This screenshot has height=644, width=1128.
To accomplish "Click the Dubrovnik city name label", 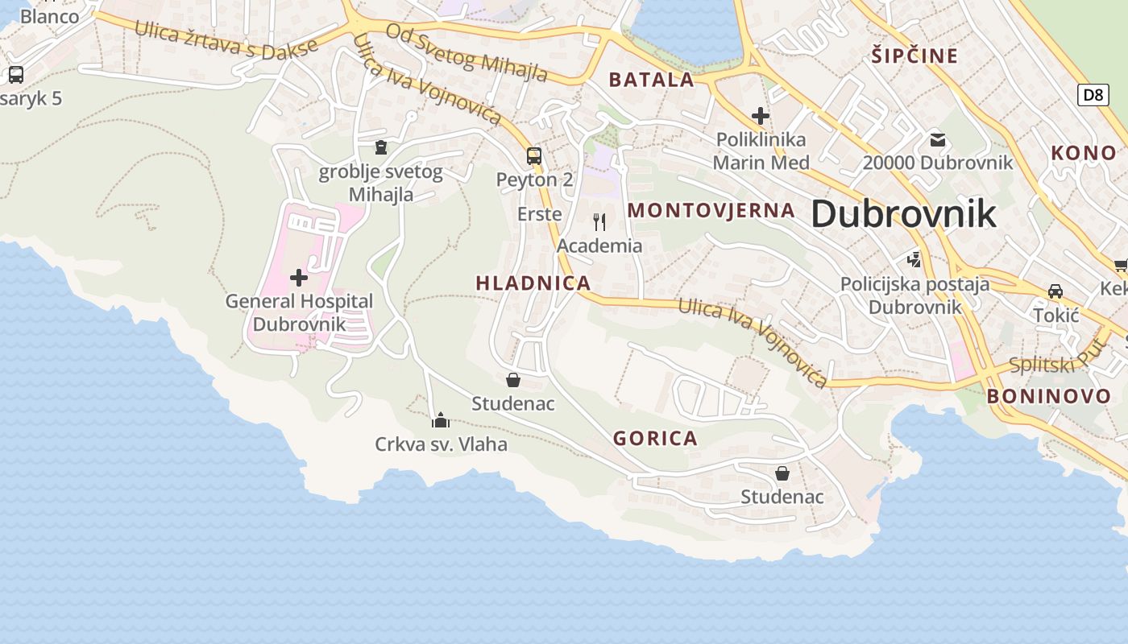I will (903, 214).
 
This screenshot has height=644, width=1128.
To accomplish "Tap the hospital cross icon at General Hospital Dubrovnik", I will (299, 278).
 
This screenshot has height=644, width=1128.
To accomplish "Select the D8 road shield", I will (1092, 95).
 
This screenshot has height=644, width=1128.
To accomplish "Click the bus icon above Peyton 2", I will (533, 156).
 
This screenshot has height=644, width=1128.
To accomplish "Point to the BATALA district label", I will (651, 80).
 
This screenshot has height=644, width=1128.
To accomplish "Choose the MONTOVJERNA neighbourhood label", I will (711, 211).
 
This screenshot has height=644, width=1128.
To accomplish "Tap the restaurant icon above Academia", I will (599, 221).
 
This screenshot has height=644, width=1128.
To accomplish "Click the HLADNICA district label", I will (533, 283).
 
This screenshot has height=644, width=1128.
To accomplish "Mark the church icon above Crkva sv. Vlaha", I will (441, 420).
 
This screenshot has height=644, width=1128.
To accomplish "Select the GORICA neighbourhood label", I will (655, 439).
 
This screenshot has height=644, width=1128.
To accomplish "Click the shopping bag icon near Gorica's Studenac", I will (782, 473).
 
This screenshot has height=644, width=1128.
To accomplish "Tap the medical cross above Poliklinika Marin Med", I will (760, 116).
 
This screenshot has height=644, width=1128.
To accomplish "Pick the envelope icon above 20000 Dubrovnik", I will (937, 139).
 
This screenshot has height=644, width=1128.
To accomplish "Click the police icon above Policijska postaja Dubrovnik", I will (914, 259).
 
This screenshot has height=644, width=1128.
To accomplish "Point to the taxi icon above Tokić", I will (1055, 291).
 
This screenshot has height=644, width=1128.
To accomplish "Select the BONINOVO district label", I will (1049, 396).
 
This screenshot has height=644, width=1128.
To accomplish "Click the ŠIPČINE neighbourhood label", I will (914, 56).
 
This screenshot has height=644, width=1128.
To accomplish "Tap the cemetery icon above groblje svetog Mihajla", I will (380, 147).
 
